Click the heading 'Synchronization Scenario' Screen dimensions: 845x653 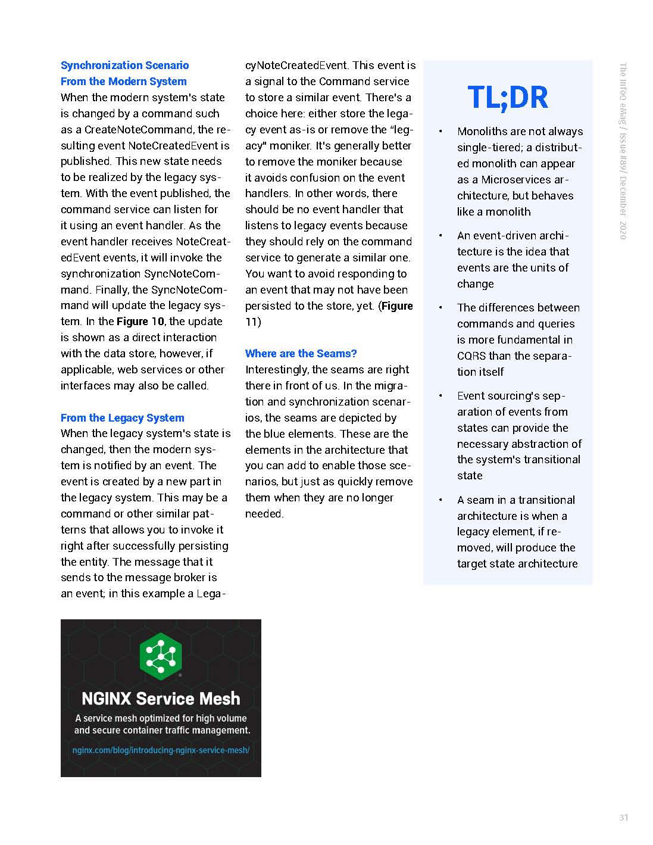(x=124, y=66)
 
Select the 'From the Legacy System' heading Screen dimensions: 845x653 (x=122, y=418)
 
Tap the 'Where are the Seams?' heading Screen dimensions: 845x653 (x=301, y=354)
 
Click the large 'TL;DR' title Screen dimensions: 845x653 (x=508, y=98)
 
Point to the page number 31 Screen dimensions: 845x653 (x=623, y=818)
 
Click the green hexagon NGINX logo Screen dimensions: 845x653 (x=160, y=656)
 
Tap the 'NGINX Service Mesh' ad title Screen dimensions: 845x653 (x=161, y=699)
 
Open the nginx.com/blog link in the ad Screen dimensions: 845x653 (x=161, y=750)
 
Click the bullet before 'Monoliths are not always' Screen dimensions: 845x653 (x=440, y=132)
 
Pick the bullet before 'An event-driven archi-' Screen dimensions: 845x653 (x=440, y=236)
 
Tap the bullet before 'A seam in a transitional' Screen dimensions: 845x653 (x=440, y=500)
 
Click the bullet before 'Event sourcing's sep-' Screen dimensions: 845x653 (x=440, y=396)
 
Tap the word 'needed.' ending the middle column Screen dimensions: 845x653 (x=264, y=514)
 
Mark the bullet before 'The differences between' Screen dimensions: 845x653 (x=440, y=308)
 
